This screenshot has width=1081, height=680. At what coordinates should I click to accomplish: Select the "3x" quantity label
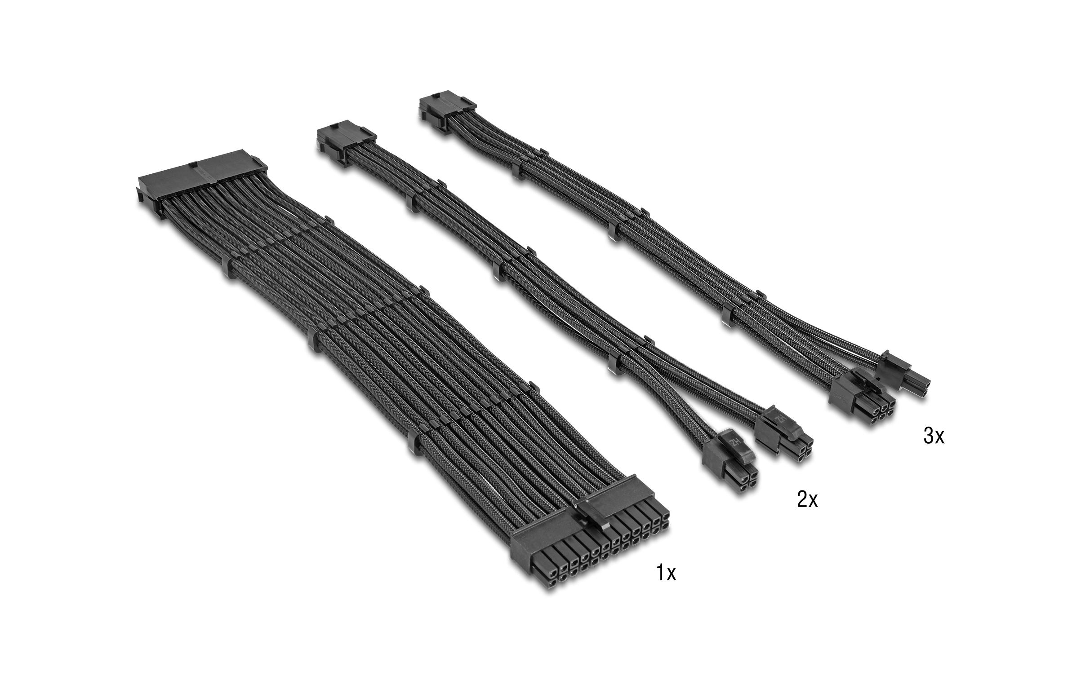[934, 436]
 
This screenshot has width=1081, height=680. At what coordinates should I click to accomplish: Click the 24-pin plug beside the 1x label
[589, 548]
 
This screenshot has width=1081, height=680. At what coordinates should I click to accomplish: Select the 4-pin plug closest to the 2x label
[730, 467]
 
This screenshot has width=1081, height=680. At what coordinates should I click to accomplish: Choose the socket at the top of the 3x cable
[445, 111]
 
